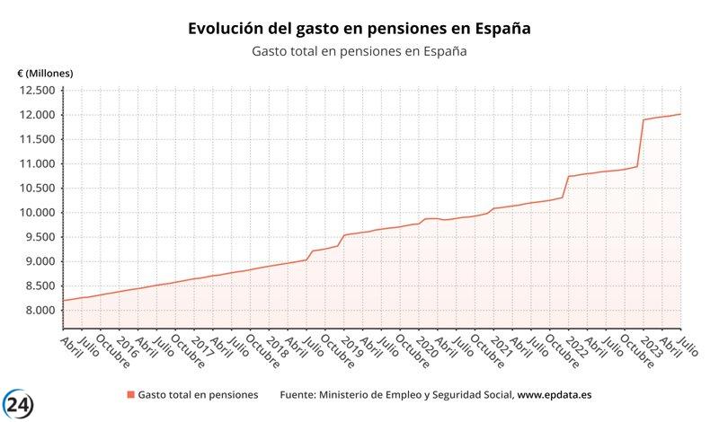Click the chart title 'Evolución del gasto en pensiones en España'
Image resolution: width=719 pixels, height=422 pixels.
(359, 29)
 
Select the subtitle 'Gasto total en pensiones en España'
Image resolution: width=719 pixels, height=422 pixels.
(359, 51)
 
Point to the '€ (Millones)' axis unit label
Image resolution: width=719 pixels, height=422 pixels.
(45, 73)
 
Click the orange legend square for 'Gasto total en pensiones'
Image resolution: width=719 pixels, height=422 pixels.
(131, 395)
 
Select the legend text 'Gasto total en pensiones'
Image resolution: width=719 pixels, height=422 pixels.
(198, 395)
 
